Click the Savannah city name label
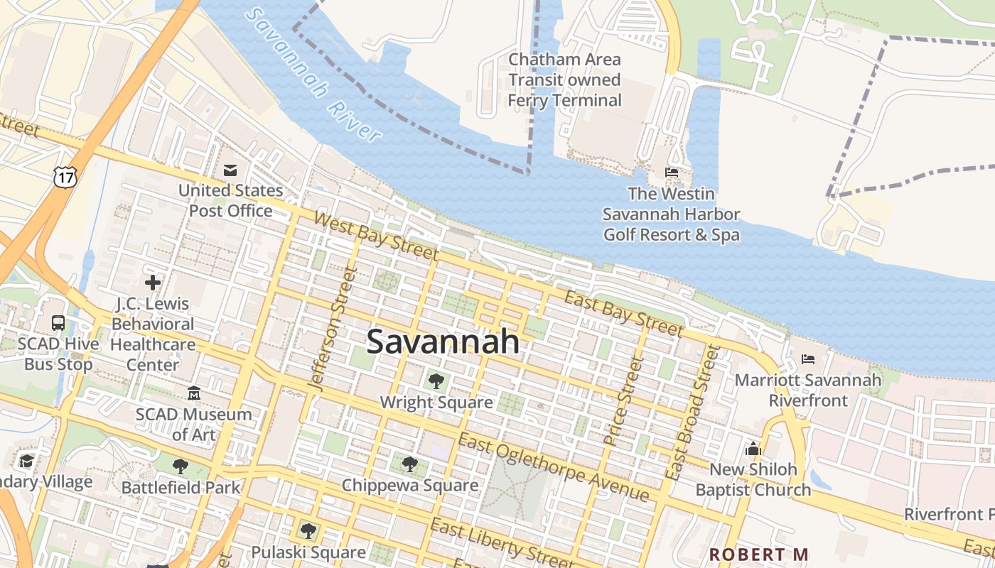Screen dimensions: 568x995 point(443,342)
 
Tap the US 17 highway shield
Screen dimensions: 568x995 point(64,177)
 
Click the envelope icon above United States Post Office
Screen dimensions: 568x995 point(230,170)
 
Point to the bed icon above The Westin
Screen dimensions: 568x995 point(671,172)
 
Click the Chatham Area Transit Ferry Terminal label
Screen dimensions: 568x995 point(565,80)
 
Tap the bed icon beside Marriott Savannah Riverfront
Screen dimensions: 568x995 point(808,359)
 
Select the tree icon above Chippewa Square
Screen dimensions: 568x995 point(409,464)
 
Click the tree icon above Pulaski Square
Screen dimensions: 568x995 point(308,530)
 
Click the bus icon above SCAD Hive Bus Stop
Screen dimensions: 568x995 point(58,323)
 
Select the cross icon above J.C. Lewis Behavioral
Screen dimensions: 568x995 point(153,283)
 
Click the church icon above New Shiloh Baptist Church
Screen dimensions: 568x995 point(753,449)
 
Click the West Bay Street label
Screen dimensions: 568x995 point(376,236)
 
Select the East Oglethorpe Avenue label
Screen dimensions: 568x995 point(553,467)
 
